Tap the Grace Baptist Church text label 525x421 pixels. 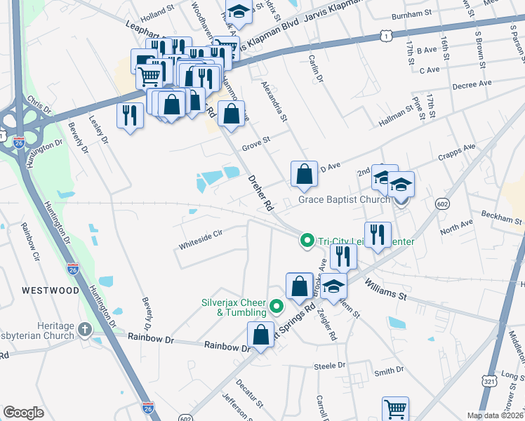pos(344,200)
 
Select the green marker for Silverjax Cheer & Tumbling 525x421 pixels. pos(277,305)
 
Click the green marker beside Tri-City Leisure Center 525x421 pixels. pos(307,241)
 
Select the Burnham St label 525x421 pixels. pos(412,14)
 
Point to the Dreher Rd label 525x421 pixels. pos(259,194)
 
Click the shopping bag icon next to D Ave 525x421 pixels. pos(304,175)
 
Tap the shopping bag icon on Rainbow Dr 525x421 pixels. pos(260,335)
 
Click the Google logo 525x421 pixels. pos(24,413)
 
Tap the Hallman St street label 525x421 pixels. pos(398,113)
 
